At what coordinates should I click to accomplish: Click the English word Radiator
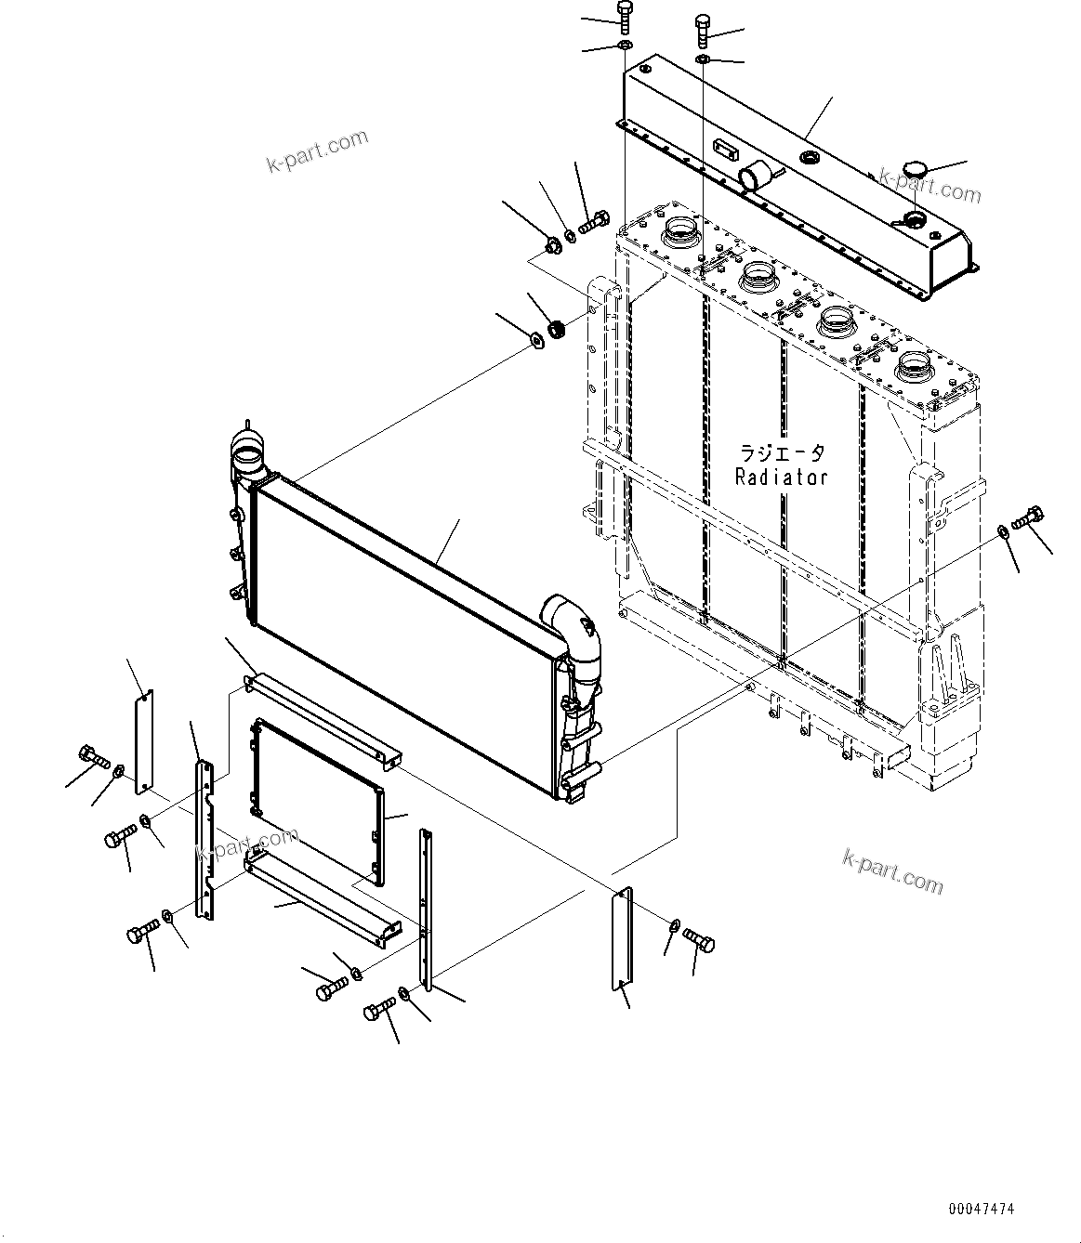[781, 478]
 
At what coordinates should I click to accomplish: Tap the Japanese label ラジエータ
[781, 454]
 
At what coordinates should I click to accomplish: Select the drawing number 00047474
[982, 1210]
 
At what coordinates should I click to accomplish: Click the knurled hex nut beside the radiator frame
[558, 328]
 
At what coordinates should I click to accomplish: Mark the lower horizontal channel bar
[321, 896]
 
